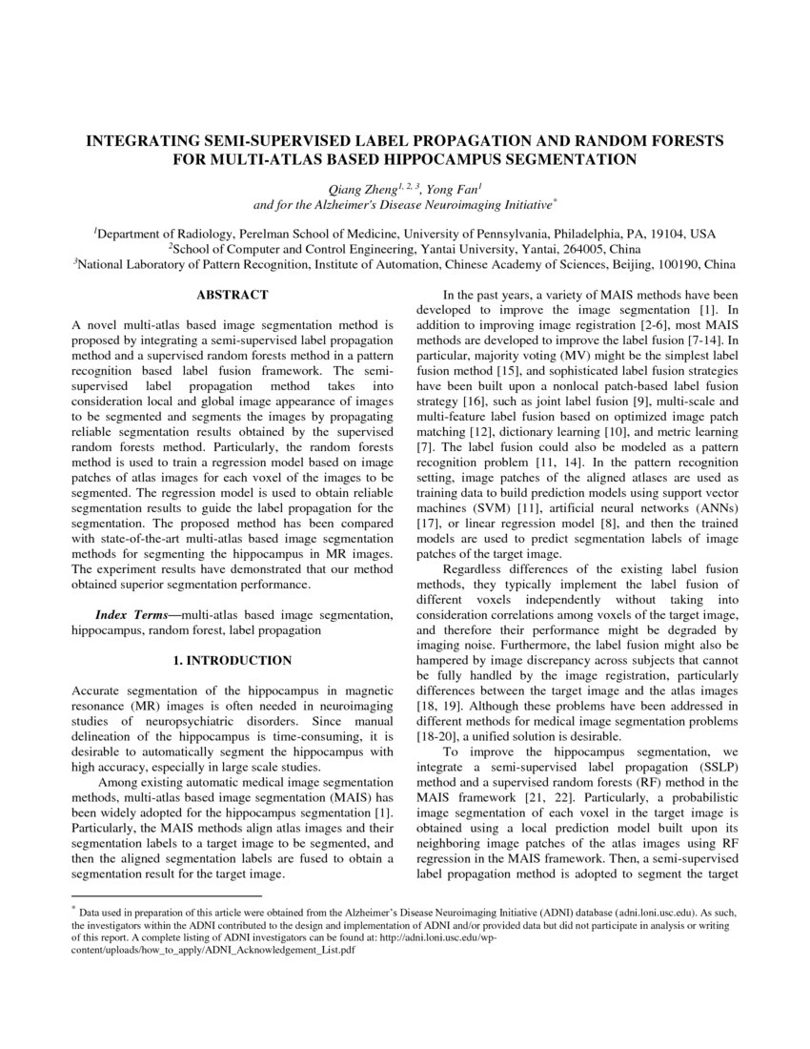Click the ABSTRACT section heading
point(233,296)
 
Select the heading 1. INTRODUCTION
point(233,660)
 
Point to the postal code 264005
point(581,249)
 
